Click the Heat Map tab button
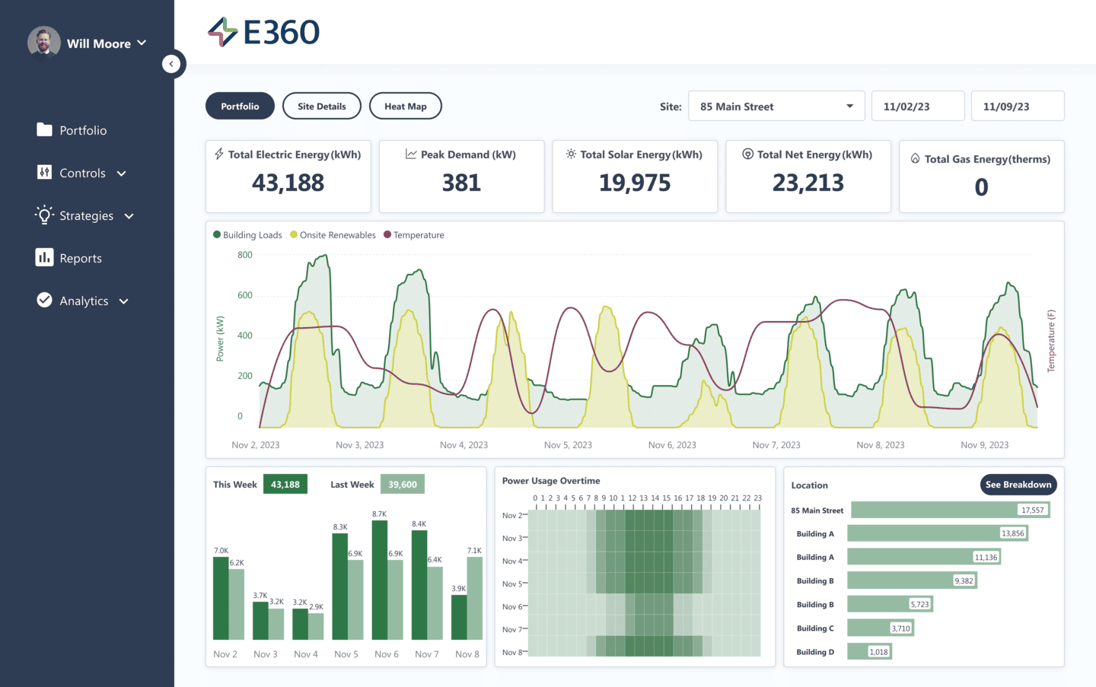[x=405, y=107]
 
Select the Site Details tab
[x=321, y=107]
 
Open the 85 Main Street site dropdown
[x=776, y=107]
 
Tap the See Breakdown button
[x=1018, y=485]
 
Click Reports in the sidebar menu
[x=80, y=259]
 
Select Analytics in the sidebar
[x=84, y=301]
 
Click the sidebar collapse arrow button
[x=172, y=64]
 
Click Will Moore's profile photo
[x=44, y=43]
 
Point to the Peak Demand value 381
[x=461, y=183]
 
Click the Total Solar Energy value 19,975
[x=635, y=183]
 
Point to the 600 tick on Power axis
[x=244, y=295]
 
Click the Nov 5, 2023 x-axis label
[x=568, y=445]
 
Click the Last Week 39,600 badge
[x=403, y=485]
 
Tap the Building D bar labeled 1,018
[x=869, y=652]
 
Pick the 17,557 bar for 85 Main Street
[x=950, y=510]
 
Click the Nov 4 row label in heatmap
[x=511, y=561]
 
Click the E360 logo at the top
[x=264, y=32]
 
